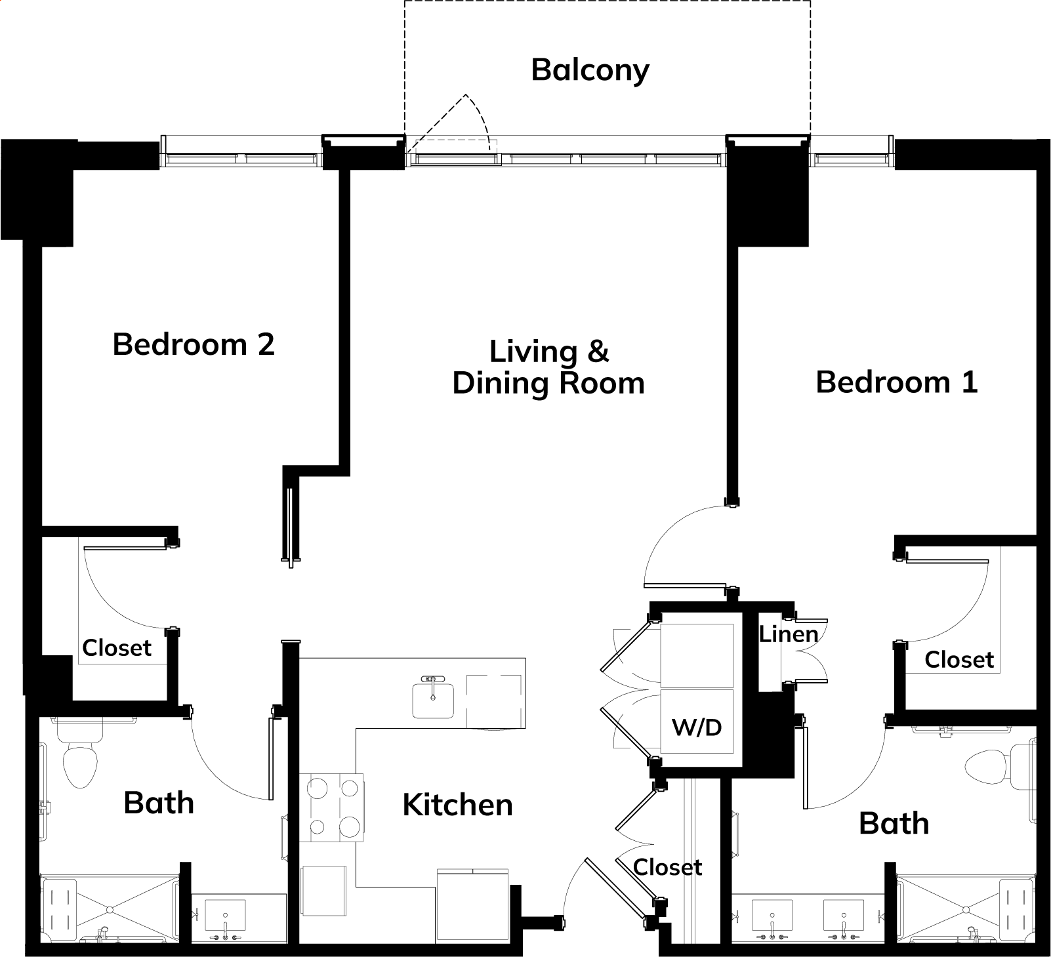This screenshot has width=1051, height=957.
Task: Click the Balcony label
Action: (590, 70)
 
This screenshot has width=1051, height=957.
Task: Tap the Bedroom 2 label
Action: (194, 344)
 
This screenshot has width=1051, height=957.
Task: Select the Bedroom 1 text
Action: (896, 382)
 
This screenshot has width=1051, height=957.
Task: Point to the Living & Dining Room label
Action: (548, 367)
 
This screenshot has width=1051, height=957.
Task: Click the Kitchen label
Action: (457, 805)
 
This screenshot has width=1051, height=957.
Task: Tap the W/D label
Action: (697, 727)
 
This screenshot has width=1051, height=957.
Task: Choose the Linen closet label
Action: (789, 634)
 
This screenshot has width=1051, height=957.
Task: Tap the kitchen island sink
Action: (433, 699)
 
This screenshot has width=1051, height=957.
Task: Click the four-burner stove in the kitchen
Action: (332, 807)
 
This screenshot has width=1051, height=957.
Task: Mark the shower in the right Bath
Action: (966, 909)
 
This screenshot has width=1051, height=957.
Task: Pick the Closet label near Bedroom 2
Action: (117, 647)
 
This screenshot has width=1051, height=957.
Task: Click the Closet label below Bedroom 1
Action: (959, 659)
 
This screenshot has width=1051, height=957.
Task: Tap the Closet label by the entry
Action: (667, 867)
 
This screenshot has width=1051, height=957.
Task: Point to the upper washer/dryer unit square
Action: (697, 655)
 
